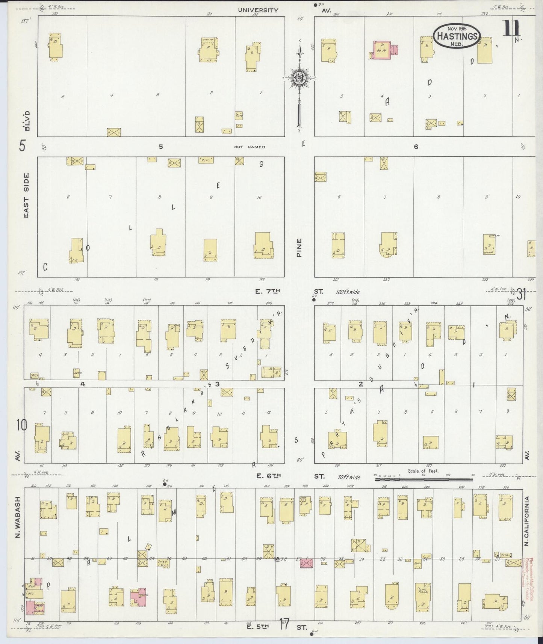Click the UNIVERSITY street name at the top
click(258, 10)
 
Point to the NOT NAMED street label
click(250, 147)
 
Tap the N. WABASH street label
click(18, 519)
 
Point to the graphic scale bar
click(423, 479)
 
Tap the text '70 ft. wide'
click(349, 477)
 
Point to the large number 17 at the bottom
click(284, 624)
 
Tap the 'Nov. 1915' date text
click(456, 28)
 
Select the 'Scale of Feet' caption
click(423, 470)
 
